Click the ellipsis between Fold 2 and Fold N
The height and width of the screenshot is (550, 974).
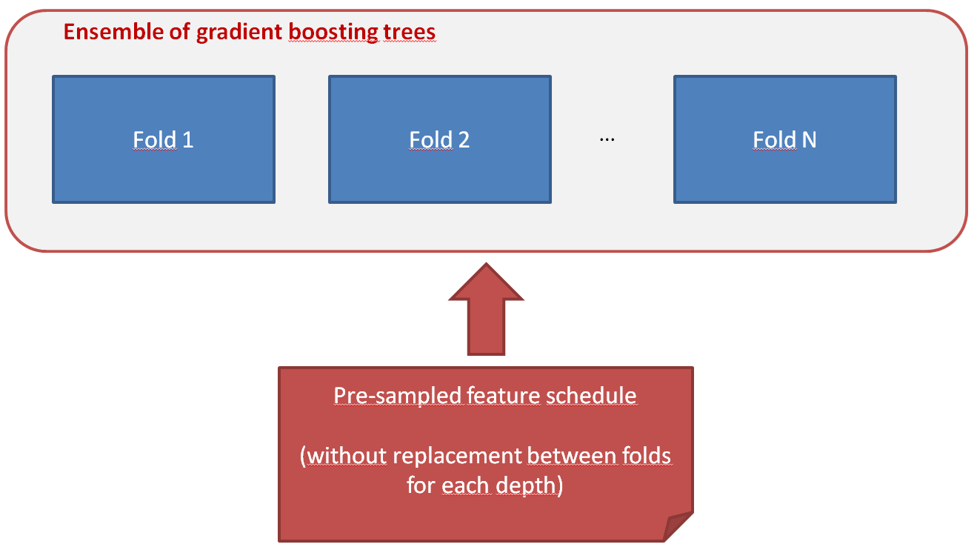[x=607, y=140]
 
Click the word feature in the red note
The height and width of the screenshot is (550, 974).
[x=504, y=396]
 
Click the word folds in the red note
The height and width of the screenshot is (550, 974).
[x=646, y=455]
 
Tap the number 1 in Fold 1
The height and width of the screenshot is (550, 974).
[x=187, y=140]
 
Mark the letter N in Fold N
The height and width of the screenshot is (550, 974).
[x=809, y=140]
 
